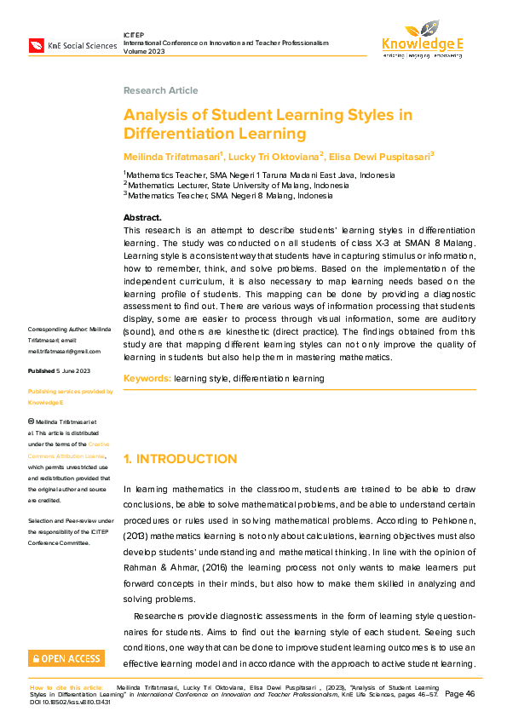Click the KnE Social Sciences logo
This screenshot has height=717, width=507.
coord(72,45)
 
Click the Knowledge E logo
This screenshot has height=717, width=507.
coord(422,39)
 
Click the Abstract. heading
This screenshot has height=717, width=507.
coord(142,218)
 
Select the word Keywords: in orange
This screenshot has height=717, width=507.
coord(147,378)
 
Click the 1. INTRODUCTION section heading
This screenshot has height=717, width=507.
coord(181,459)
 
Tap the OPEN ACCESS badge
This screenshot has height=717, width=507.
coord(66,658)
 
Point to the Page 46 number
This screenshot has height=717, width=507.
coord(459,694)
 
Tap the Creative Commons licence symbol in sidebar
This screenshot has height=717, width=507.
coord(32,421)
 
